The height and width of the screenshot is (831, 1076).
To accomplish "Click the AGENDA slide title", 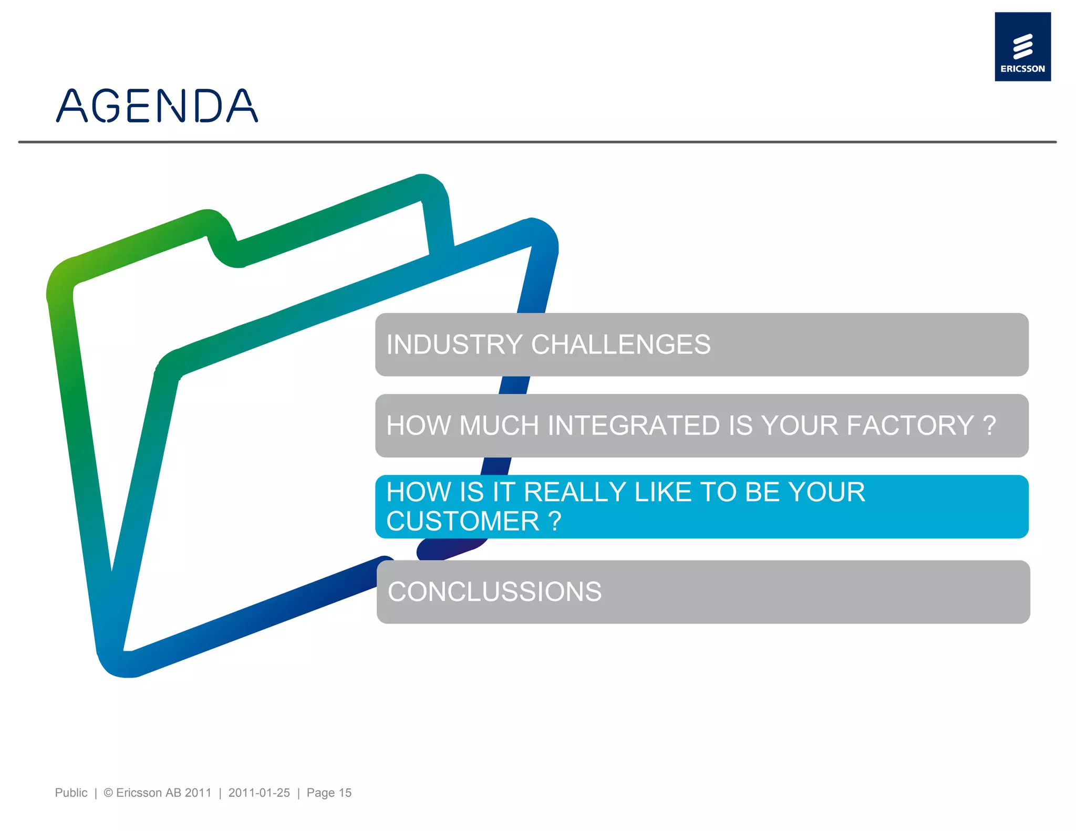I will pyautogui.click(x=157, y=106).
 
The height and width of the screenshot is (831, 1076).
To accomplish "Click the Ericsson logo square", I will pyautogui.click(x=1022, y=46).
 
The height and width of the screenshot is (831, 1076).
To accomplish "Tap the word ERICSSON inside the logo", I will pyautogui.click(x=1022, y=69).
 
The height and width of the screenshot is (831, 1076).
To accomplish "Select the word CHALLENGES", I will pyautogui.click(x=620, y=345).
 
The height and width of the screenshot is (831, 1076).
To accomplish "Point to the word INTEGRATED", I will pyautogui.click(x=634, y=425).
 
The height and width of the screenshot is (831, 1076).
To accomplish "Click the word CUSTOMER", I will pyautogui.click(x=463, y=522).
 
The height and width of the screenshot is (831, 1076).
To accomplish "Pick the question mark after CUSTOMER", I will pyautogui.click(x=555, y=522).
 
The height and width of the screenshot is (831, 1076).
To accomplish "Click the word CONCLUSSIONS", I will pyautogui.click(x=494, y=592).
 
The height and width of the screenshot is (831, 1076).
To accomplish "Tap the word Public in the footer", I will pyautogui.click(x=71, y=793).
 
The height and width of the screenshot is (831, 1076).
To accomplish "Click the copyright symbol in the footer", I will pyautogui.click(x=108, y=793).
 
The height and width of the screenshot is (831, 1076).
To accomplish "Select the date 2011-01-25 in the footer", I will pyautogui.click(x=259, y=793).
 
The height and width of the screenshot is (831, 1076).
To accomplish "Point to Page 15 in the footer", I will pyautogui.click(x=329, y=793).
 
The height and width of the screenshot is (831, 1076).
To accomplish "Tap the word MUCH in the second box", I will pyautogui.click(x=499, y=425).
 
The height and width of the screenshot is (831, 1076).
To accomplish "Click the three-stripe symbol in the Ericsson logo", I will pyautogui.click(x=1022, y=46).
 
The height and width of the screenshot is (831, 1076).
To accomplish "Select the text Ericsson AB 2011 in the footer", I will pyautogui.click(x=163, y=793).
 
